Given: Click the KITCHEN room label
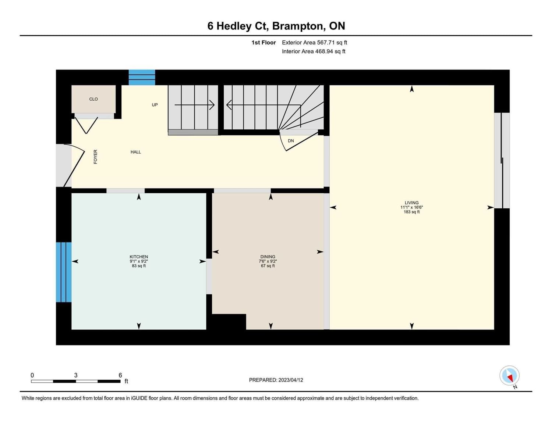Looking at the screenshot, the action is point(139,257).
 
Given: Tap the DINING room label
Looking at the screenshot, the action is point(268,257).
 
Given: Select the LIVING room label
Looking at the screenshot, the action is point(411,203).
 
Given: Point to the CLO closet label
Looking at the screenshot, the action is point(93,99).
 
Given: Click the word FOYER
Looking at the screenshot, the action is point(96,157).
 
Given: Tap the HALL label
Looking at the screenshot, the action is point(136,152).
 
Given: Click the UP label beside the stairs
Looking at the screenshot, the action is point(155,105).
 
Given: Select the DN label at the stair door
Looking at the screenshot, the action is point(291,141).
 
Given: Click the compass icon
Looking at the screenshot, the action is point(509,376).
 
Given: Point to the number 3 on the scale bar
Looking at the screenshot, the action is point(76,375).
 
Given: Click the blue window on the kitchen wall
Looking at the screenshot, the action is point(64,272).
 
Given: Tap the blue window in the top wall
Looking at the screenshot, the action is point(142,78).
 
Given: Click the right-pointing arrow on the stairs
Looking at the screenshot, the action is point(195,105).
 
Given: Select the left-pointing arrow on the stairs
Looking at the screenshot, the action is point(264,105).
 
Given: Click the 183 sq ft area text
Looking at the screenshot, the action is point(411,212).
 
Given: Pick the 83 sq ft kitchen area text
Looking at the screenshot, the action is point(139,266).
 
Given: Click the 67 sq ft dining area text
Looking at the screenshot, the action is point(268,266).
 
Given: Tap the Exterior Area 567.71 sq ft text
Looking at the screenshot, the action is point(315,43).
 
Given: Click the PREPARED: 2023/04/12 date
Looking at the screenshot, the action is point(276,380).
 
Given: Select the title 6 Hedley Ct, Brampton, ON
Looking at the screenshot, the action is point(276,26).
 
